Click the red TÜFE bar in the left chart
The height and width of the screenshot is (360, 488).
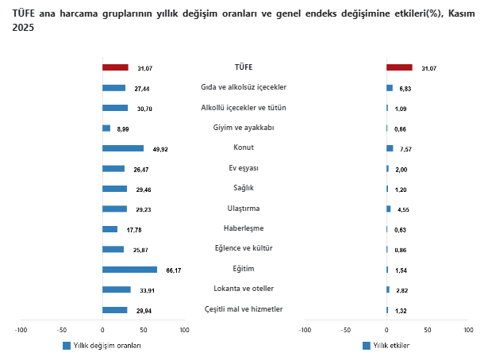115,67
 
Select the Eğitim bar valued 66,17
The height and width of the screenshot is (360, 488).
129,270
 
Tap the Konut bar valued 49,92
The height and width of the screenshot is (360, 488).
123,148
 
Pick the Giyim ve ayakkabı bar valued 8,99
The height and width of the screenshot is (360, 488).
106,128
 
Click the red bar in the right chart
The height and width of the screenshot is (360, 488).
399,67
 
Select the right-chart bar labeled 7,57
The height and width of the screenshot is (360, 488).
390,148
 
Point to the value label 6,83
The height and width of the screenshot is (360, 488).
405,88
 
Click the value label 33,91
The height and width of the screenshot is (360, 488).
146,290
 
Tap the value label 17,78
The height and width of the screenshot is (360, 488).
133,230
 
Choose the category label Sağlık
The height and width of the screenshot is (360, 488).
244,188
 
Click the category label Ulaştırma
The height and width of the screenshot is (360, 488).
244,209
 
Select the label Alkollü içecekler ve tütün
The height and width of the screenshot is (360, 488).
244,107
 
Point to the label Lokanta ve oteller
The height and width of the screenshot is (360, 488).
244,289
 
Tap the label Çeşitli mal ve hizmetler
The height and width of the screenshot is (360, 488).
244,309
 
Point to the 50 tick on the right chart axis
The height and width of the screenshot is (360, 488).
428,330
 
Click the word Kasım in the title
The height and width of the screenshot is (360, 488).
455,13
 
